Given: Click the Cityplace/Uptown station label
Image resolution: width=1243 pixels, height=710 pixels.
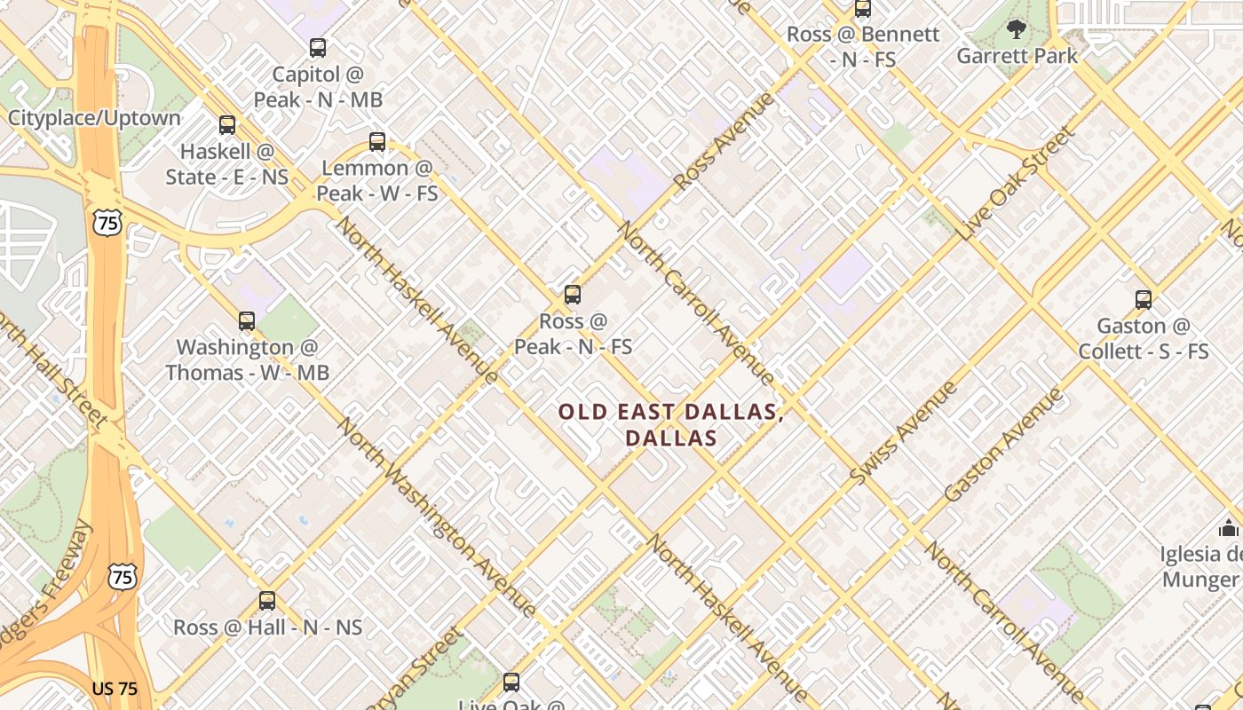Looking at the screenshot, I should point(94,118).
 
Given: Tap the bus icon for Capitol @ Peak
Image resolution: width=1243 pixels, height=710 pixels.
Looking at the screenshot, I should point(318,48).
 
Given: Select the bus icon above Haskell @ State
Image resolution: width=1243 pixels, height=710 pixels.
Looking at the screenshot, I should point(227,125).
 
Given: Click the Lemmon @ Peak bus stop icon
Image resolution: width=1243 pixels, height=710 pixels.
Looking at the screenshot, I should point(377,141).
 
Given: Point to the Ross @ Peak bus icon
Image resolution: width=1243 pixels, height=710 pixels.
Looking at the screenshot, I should point(573,295).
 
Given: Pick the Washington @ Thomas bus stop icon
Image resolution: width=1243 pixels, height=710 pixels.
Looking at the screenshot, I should point(247,321).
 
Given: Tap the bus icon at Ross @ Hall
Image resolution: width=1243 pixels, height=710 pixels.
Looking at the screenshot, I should point(267,601).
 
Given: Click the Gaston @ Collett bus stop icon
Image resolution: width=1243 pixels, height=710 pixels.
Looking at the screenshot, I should point(1144,300).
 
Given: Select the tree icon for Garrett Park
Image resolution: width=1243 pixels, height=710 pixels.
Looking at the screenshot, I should point(1017,30).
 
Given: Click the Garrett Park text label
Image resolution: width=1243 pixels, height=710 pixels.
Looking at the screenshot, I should point(1017,56).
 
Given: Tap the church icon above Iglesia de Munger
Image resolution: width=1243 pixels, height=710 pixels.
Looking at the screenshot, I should point(1229,528).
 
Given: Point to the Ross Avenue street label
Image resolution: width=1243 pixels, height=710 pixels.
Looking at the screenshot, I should point(724,141).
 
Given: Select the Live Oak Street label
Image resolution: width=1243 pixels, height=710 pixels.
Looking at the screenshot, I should point(1017,184).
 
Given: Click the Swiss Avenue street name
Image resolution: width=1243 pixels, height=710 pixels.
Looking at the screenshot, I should point(903,432).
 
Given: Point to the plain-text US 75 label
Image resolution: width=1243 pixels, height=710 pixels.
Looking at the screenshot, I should point(115,689).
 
